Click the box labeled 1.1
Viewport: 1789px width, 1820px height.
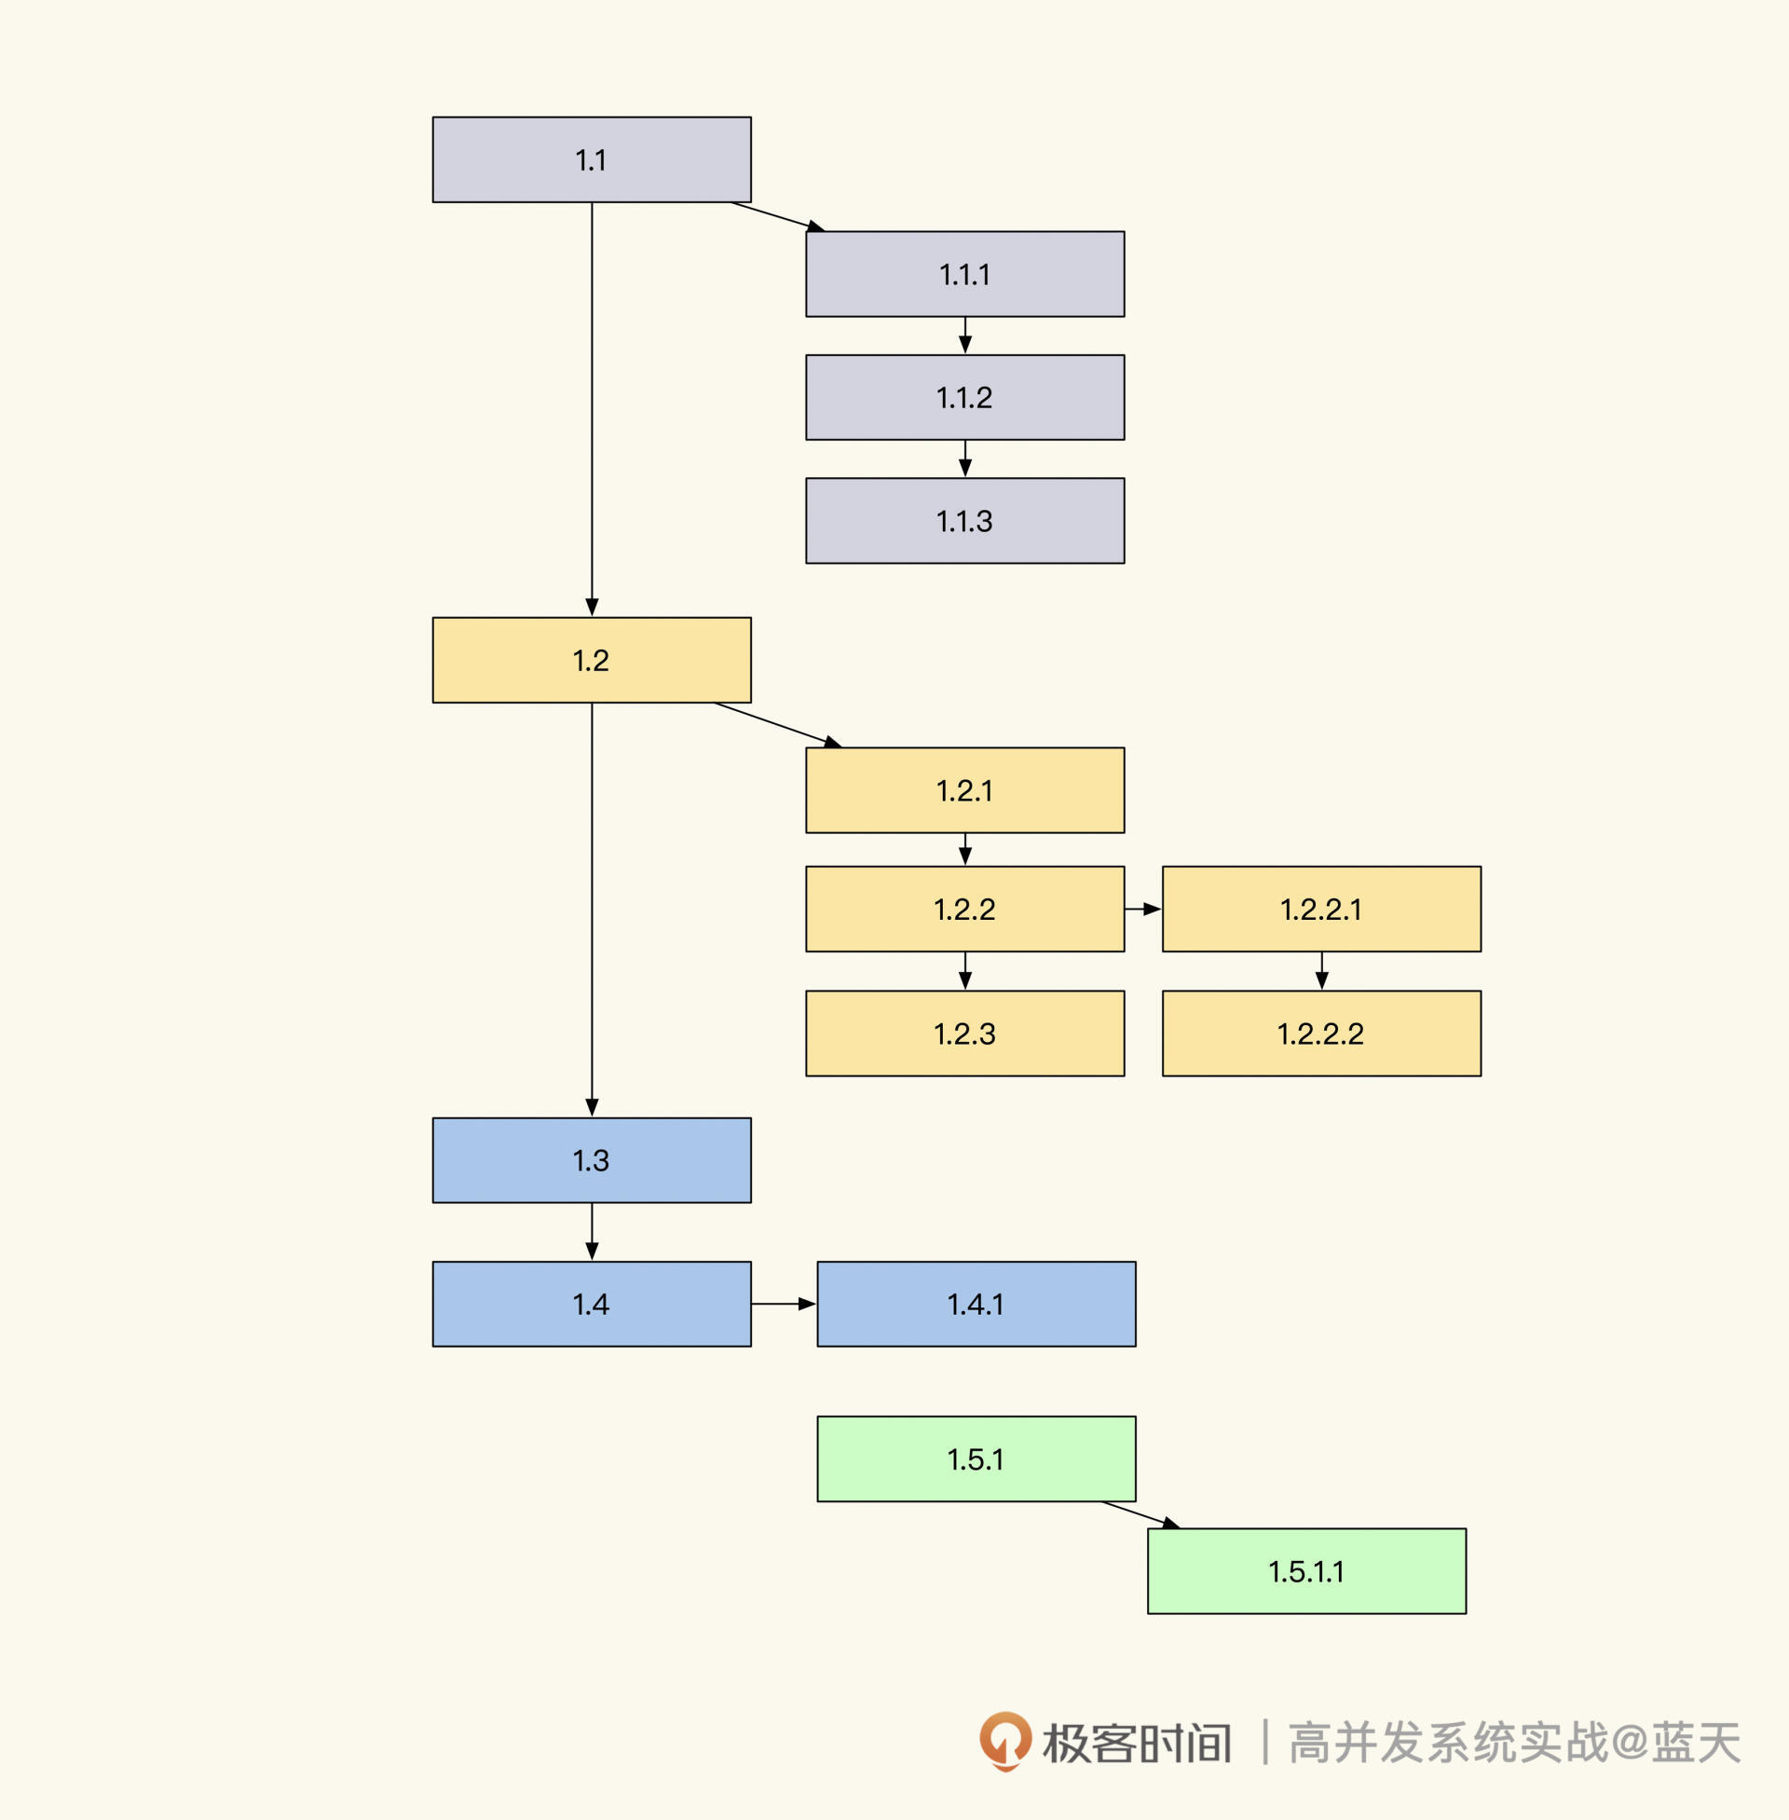[x=591, y=159]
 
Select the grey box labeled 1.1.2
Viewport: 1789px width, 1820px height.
[x=964, y=397]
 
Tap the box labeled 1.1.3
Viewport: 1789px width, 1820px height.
[x=964, y=521]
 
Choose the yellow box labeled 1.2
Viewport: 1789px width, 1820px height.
[x=591, y=660]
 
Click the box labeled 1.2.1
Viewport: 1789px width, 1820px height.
[x=964, y=790]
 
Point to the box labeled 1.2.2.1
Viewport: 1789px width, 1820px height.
[x=1320, y=909]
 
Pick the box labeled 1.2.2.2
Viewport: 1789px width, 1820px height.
[x=1320, y=1033]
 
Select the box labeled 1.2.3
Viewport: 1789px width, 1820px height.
[x=964, y=1033]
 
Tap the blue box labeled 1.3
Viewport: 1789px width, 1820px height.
[x=591, y=1160]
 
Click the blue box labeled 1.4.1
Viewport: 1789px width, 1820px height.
[x=976, y=1304]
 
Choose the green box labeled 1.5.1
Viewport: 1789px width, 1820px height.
[x=976, y=1459]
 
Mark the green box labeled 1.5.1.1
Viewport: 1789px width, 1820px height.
[x=1306, y=1571]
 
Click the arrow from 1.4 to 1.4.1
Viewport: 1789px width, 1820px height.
[x=783, y=1304]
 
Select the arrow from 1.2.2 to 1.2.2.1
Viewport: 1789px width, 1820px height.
[x=1142, y=909]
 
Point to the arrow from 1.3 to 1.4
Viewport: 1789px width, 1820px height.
[x=591, y=1231]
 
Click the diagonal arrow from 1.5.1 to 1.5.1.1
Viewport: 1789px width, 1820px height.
[x=1140, y=1513]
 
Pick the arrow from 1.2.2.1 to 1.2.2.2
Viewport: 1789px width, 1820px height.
[x=1321, y=971]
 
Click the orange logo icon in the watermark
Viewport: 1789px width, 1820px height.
[x=1004, y=1740]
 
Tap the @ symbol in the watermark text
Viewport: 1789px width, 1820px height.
[x=1632, y=1741]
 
